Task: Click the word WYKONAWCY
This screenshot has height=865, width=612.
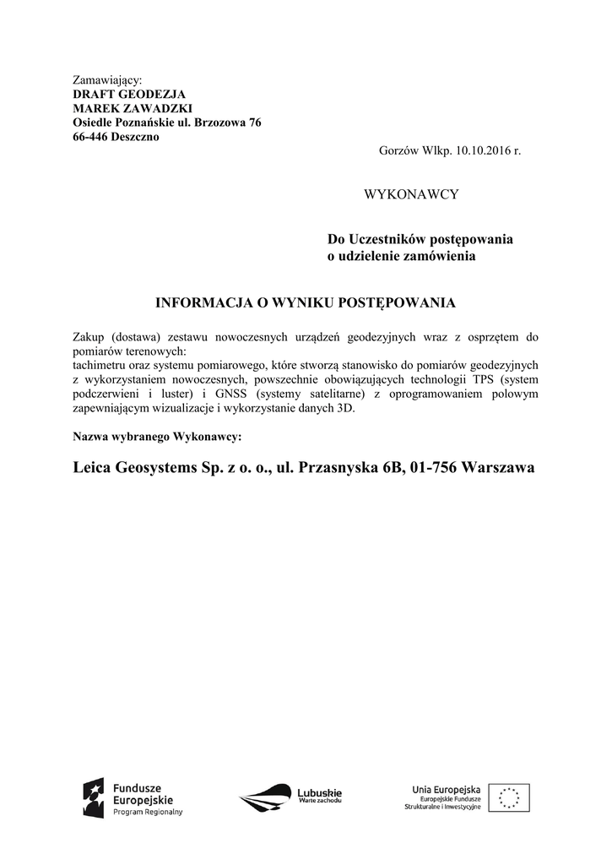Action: pyautogui.click(x=410, y=194)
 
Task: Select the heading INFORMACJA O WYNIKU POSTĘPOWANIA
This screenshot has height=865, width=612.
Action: pyautogui.click(x=306, y=302)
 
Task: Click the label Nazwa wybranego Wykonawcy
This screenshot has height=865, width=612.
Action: pyautogui.click(x=158, y=438)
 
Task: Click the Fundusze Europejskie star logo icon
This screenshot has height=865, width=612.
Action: pyautogui.click(x=93, y=797)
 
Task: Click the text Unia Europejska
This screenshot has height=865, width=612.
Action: pyautogui.click(x=446, y=788)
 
